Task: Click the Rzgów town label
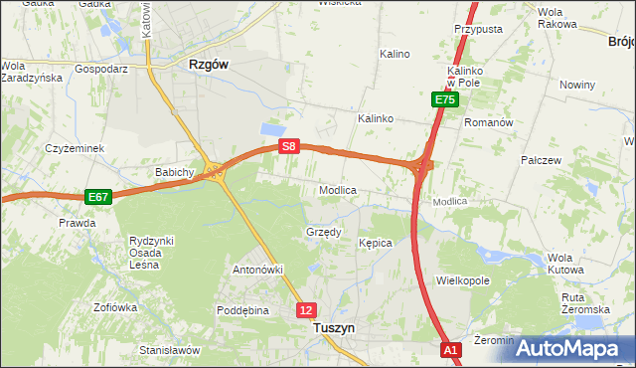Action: click(x=209, y=64)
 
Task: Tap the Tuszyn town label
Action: click(x=334, y=326)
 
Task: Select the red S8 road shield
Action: click(x=288, y=146)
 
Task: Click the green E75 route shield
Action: click(x=444, y=100)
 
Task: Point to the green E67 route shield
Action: click(x=97, y=197)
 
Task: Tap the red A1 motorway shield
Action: click(x=451, y=350)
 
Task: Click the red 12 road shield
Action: click(x=306, y=310)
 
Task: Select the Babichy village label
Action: click(x=173, y=172)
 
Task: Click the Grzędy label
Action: click(x=323, y=232)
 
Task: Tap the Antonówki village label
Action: click(x=258, y=270)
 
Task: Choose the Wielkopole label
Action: click(x=463, y=280)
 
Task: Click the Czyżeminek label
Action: click(x=75, y=148)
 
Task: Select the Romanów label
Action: click(x=488, y=122)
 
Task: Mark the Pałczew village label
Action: click(x=542, y=159)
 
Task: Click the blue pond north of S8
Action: click(x=269, y=129)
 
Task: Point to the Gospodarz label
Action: click(x=101, y=70)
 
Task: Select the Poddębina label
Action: click(x=243, y=310)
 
